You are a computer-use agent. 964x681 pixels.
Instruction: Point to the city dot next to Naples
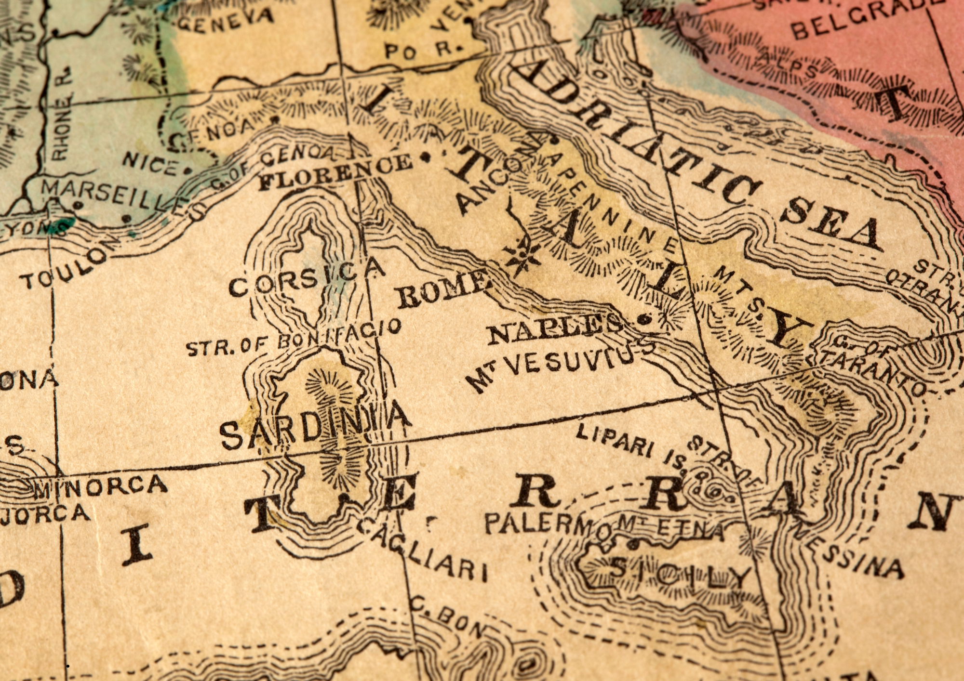643,319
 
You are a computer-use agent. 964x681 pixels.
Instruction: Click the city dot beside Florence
425,157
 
